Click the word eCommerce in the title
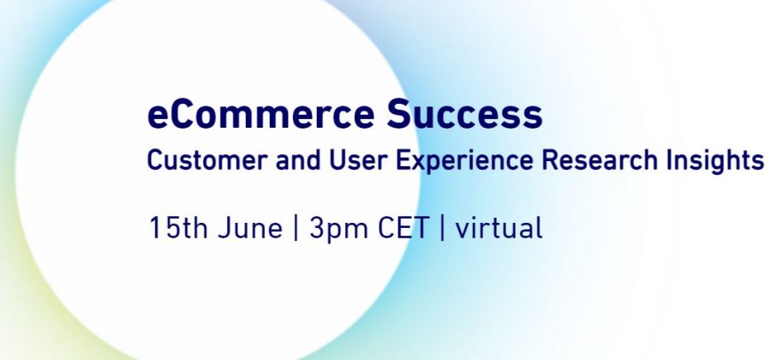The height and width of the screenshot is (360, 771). [x=261, y=114]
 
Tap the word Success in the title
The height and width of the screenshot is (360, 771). [x=464, y=114]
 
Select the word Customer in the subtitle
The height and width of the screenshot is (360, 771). [x=207, y=159]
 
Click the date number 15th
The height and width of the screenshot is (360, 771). [x=178, y=228]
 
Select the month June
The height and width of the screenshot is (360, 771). [x=250, y=228]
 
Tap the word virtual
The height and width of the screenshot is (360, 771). [x=499, y=228]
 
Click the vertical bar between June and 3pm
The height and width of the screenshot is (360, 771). [x=296, y=228]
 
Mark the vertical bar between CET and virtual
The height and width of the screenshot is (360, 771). [x=443, y=228]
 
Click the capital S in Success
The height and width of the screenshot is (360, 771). [x=399, y=114]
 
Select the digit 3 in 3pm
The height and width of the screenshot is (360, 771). [x=317, y=228]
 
